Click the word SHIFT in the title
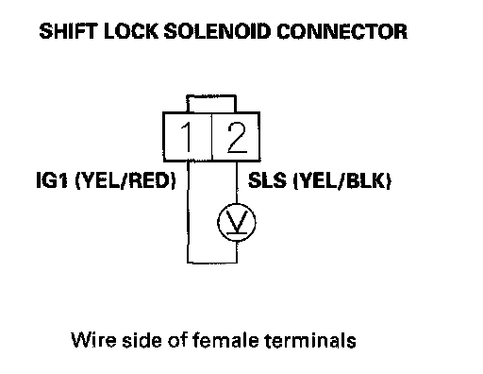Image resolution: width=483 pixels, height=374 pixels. (x=68, y=31)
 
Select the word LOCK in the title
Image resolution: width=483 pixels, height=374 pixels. (x=131, y=31)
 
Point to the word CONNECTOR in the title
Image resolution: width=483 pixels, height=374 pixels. (x=342, y=31)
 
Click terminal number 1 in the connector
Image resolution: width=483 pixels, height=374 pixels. (x=187, y=137)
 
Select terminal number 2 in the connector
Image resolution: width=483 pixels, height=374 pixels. (x=237, y=137)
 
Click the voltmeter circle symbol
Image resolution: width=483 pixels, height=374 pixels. (x=237, y=223)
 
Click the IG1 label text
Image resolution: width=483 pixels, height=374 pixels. (x=52, y=180)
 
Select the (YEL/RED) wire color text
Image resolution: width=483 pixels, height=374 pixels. (x=125, y=181)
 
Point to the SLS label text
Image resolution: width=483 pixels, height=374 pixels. (x=267, y=180)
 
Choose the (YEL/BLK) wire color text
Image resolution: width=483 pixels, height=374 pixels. (x=342, y=181)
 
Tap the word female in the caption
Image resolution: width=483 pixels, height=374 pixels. (x=226, y=340)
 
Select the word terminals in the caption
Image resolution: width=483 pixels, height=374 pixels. (x=311, y=340)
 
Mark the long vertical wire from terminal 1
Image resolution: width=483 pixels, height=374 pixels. (x=188, y=212)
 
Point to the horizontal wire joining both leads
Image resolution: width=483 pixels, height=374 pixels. (x=212, y=262)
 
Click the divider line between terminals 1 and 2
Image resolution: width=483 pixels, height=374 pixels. (x=211, y=137)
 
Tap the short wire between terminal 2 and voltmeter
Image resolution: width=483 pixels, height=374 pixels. (x=237, y=182)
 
